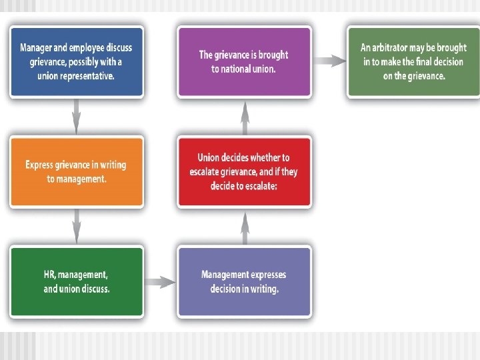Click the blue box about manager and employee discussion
(76, 61)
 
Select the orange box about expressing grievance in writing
(76, 171)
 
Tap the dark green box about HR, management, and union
(76, 281)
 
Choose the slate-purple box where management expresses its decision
(244, 281)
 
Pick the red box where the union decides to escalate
(244, 171)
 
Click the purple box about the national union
(244, 61)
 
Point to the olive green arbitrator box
(413, 61)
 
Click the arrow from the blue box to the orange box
(76, 117)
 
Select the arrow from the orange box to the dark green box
(76, 227)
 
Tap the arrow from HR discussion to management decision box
(160, 282)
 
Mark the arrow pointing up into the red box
(245, 227)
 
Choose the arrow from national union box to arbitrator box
(329, 61)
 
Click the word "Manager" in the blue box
(37, 48)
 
